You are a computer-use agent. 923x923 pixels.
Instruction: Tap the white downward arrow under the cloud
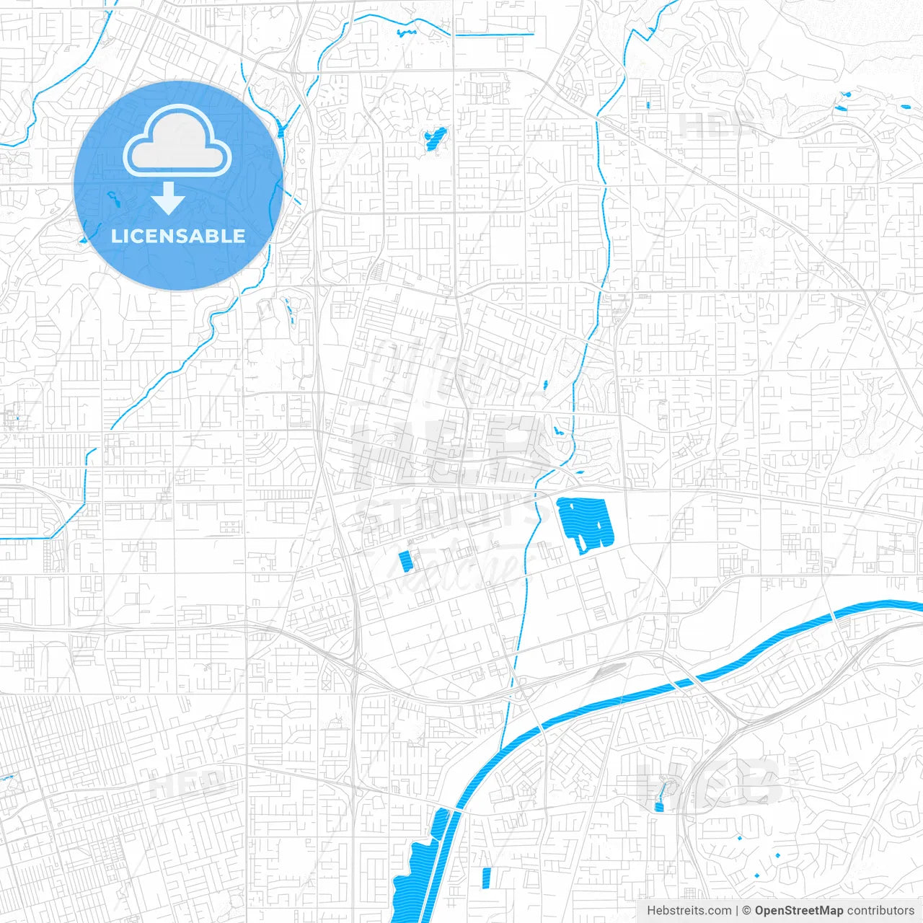[x=168, y=199]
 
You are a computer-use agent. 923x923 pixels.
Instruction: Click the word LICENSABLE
[x=178, y=236]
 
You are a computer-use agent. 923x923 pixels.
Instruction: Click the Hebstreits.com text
[x=689, y=911]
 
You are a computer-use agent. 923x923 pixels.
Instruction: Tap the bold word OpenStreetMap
[x=798, y=911]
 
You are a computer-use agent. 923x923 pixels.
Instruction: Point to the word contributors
[x=880, y=911]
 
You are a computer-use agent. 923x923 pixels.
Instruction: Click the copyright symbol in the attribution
[x=747, y=911]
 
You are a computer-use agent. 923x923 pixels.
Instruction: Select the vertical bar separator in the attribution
[x=737, y=911]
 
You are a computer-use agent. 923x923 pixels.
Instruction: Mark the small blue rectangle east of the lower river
[x=486, y=878]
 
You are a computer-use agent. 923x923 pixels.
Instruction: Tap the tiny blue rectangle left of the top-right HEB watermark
[x=648, y=105]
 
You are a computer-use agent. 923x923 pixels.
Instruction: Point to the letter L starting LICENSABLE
[x=116, y=236]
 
